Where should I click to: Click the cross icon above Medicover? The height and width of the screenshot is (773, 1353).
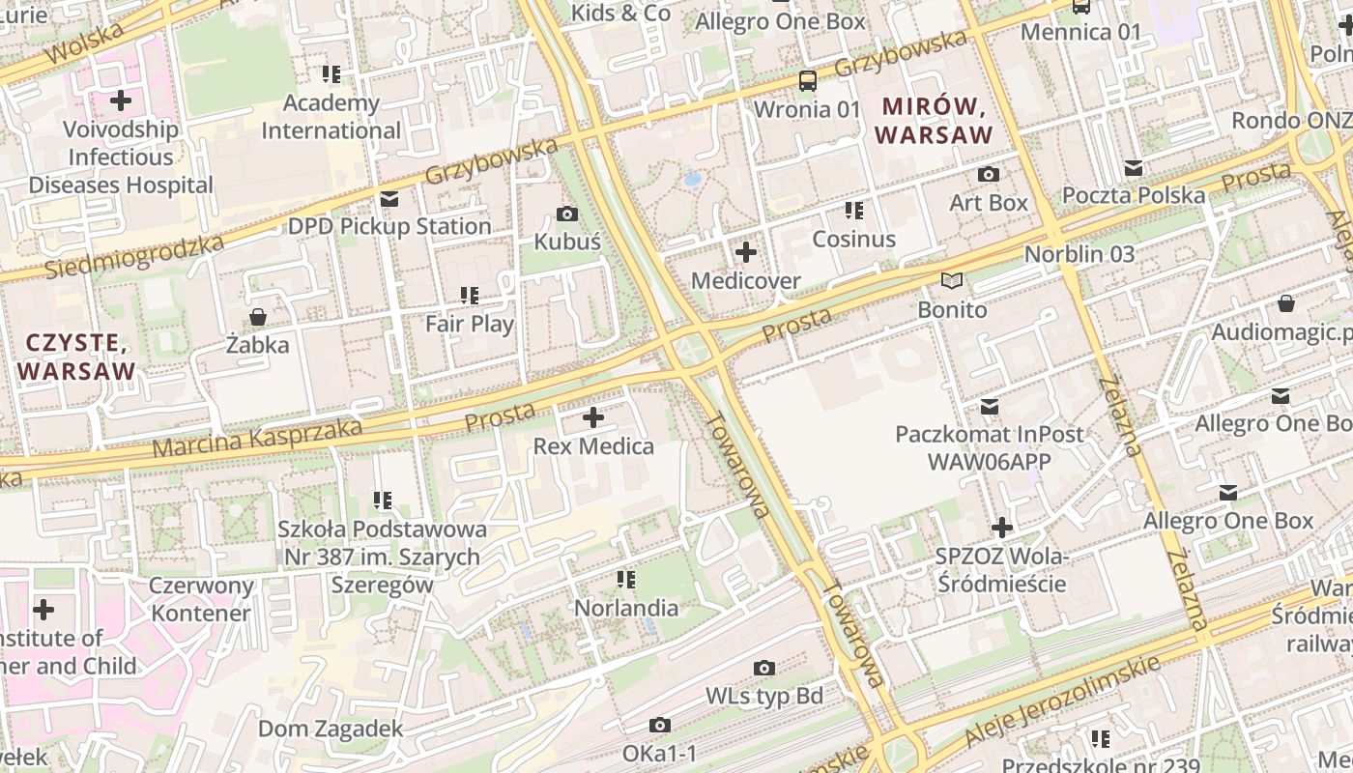746,253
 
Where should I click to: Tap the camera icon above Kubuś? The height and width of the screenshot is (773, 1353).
567,214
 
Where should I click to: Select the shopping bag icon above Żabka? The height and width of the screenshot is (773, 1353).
258,317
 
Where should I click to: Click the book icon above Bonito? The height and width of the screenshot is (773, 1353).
952,281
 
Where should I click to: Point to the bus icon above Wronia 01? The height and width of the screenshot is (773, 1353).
807,81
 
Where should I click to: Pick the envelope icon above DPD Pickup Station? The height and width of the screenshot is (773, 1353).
389,199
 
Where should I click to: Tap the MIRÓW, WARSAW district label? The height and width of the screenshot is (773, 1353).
934,120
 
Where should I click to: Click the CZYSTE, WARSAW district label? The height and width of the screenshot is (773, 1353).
76,357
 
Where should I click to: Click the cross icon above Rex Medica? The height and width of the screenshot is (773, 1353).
593,418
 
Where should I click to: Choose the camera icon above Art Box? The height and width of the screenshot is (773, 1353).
988,175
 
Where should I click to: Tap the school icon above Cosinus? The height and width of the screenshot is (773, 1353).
853,211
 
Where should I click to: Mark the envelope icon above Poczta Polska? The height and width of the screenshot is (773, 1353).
1134,168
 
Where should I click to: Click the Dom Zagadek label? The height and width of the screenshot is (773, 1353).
331,729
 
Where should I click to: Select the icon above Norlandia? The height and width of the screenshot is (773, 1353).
626,580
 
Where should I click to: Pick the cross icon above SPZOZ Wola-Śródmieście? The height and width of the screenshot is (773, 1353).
1002,528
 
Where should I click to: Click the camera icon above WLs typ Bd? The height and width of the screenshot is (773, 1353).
764,668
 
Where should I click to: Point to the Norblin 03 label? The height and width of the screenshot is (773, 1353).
1079,254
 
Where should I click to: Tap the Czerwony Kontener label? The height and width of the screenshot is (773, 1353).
201,599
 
